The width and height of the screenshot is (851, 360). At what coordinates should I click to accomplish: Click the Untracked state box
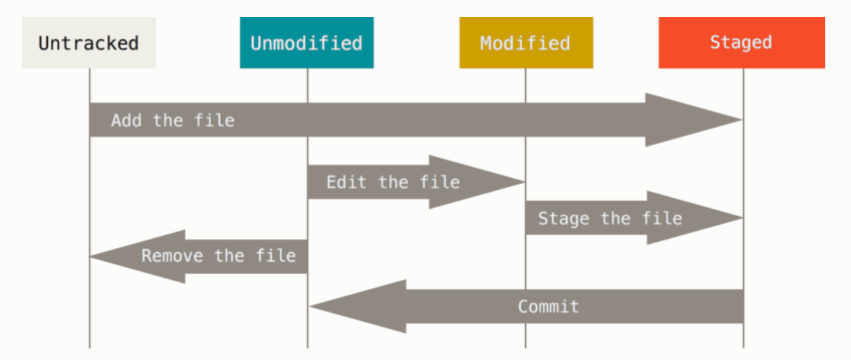tap(89, 42)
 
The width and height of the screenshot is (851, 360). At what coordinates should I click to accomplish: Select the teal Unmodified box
tap(307, 42)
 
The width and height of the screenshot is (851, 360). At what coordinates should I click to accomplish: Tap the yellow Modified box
tap(526, 42)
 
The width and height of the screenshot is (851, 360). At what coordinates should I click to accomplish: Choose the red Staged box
tap(741, 42)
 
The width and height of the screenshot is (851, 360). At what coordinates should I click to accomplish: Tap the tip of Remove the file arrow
tap(90, 257)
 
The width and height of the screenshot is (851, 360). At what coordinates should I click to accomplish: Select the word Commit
tap(548, 307)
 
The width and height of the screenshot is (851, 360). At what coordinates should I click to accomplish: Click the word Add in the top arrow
tap(126, 121)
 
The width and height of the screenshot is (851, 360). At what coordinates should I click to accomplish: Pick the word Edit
tap(346, 182)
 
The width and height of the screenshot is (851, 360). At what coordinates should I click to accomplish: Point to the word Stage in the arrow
tap(563, 219)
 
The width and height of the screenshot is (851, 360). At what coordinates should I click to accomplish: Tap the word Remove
tap(172, 256)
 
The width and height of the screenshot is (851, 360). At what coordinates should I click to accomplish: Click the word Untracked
tap(89, 43)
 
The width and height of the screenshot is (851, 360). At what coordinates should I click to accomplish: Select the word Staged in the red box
tap(741, 42)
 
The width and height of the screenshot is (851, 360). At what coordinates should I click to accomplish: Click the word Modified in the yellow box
tap(525, 43)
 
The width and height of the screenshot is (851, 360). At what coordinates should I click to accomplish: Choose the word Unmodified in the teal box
tap(306, 43)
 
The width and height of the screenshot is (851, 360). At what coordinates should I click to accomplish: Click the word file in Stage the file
tap(662, 219)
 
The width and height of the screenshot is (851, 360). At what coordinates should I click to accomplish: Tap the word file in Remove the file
tap(276, 255)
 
